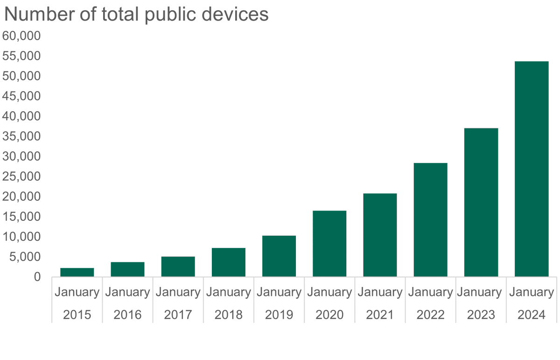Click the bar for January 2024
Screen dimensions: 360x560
(531, 169)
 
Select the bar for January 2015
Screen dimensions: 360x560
(77, 272)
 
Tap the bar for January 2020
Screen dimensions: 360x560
(329, 244)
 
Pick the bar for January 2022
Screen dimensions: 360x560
(430, 219)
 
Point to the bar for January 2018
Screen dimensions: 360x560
(228, 262)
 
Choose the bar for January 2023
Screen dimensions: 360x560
(481, 202)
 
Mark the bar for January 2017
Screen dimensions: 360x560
(178, 267)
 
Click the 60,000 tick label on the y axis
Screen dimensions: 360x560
(21, 36)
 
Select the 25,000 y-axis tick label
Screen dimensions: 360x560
(21, 176)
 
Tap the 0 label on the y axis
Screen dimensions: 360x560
(37, 277)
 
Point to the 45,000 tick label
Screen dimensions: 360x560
(21, 96)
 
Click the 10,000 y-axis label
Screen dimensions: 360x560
(21, 237)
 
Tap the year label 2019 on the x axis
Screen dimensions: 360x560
(279, 314)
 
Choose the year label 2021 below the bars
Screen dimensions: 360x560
(380, 314)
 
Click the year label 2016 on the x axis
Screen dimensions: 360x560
(127, 314)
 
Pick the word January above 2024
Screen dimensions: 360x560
(531, 293)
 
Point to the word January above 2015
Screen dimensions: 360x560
(77, 293)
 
